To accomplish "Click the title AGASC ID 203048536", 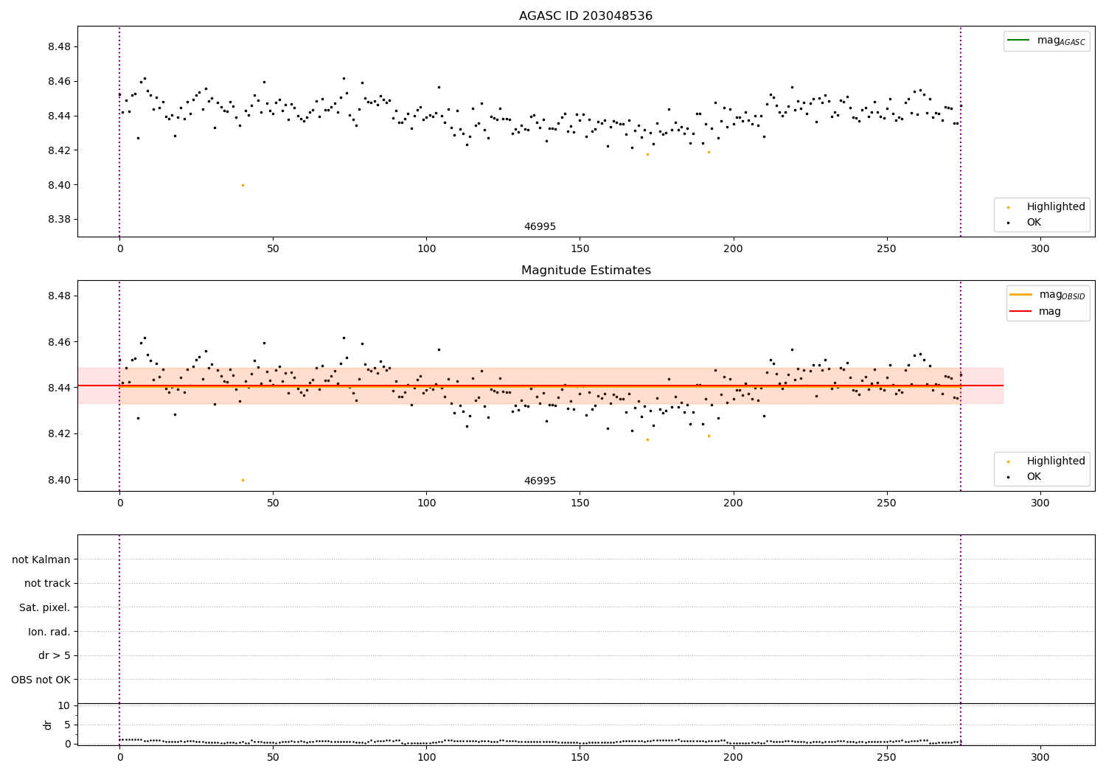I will point(585,16).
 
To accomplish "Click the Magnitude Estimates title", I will point(585,271).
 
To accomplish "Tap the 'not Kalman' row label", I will point(41,559).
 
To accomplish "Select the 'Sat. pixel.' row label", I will point(44,607).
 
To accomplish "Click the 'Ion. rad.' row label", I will point(49,632).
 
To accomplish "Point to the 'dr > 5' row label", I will point(54,655).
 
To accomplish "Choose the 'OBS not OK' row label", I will point(41,680).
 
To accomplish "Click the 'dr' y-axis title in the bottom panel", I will point(48,725).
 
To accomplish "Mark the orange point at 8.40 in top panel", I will point(243,185).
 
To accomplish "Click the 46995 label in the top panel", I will point(540,227).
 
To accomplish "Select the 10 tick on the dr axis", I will point(64,706).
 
